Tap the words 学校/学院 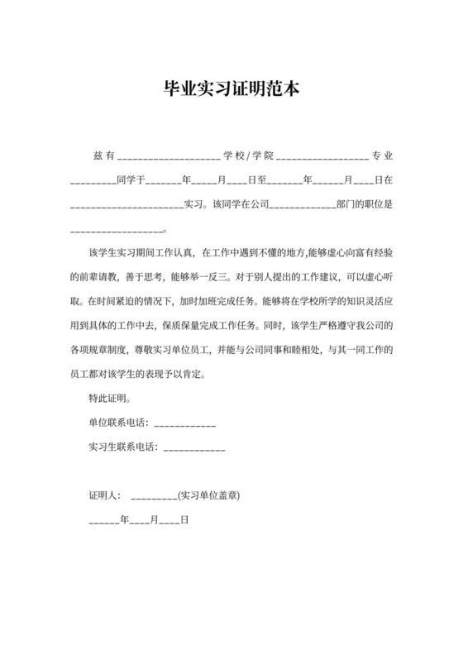click(247, 156)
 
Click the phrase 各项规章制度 click(103, 351)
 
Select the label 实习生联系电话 click(124, 447)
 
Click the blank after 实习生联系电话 click(195, 450)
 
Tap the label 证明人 click(105, 496)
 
